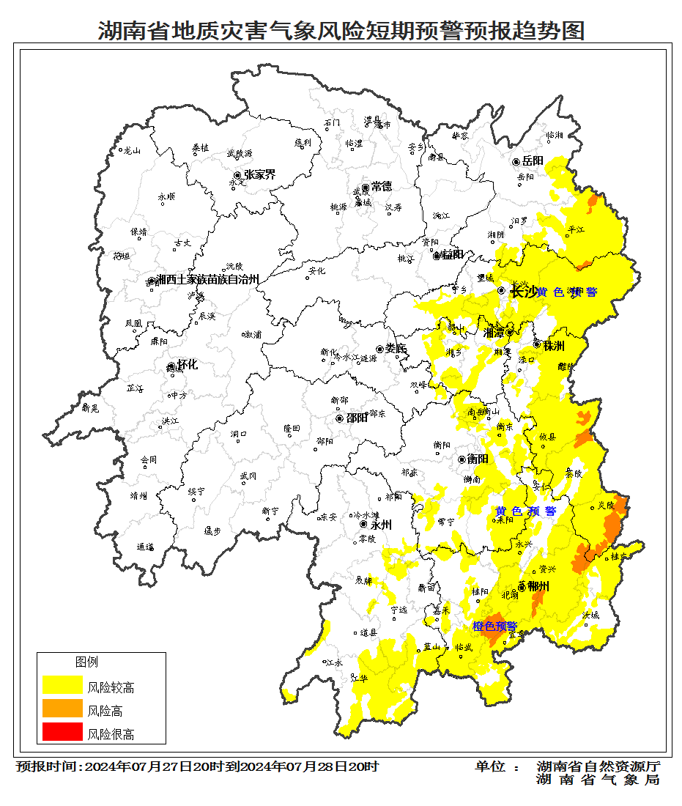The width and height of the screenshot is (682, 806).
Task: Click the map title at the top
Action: pyautogui.click(x=341, y=31)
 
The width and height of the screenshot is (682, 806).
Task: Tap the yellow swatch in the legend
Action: pyautogui.click(x=62, y=686)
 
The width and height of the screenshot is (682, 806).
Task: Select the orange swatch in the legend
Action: pyautogui.click(x=62, y=709)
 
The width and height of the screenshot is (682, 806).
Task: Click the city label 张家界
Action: pyautogui.click(x=259, y=175)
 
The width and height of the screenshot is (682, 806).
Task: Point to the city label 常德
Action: pyautogui.click(x=381, y=187)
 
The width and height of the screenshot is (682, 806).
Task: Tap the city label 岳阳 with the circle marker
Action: pyautogui.click(x=533, y=161)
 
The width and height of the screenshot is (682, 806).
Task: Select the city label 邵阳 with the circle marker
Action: pyautogui.click(x=357, y=418)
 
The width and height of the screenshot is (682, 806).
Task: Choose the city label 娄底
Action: pyautogui.click(x=396, y=349)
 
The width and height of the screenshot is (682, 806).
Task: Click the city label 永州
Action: pyautogui.click(x=382, y=525)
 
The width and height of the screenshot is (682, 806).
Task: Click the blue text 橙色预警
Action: pyautogui.click(x=494, y=626)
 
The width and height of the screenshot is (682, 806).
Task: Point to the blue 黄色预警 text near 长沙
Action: pyautogui.click(x=567, y=292)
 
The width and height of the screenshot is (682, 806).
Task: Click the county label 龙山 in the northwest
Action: pyautogui.click(x=131, y=150)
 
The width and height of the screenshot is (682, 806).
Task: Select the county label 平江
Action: pyautogui.click(x=577, y=229)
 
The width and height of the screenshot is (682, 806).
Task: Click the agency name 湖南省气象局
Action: pyautogui.click(x=598, y=780)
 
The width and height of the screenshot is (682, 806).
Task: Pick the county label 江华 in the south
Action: pyautogui.click(x=359, y=679)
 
